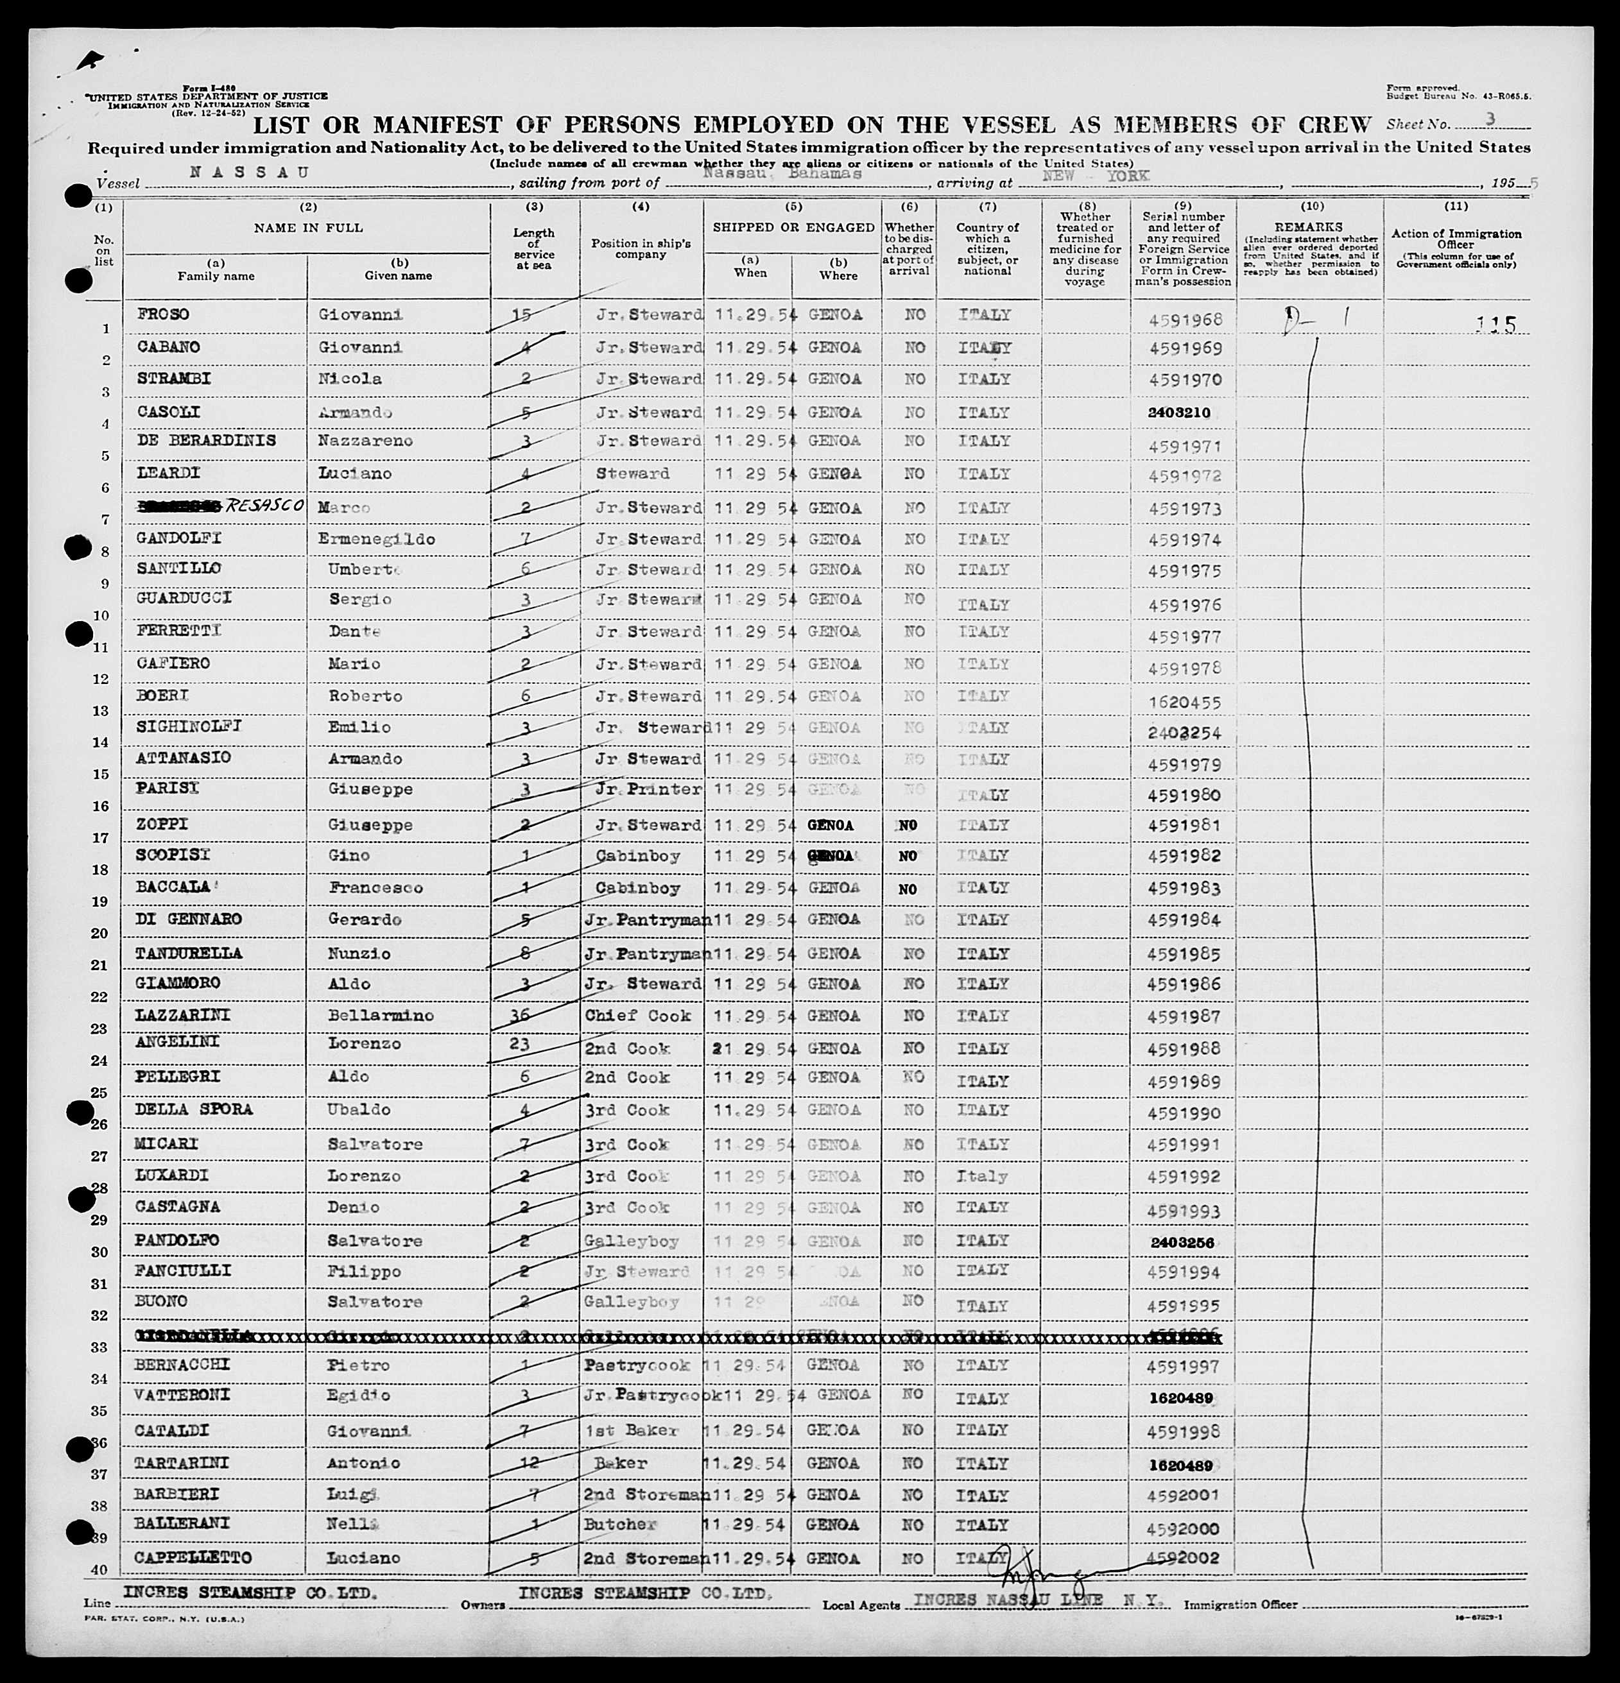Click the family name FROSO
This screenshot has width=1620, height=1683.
point(162,314)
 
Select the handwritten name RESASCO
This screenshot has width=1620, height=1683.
point(264,506)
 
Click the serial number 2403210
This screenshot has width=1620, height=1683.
point(1178,412)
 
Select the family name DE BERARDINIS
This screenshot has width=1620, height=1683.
point(206,441)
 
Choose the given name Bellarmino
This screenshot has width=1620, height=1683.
point(381,1016)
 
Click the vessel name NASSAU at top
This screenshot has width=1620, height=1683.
point(249,172)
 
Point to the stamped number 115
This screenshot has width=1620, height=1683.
point(1495,325)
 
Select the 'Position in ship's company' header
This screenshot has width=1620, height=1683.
point(640,249)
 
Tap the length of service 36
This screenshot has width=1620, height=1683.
point(520,1015)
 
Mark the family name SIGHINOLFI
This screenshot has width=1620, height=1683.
point(189,728)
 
